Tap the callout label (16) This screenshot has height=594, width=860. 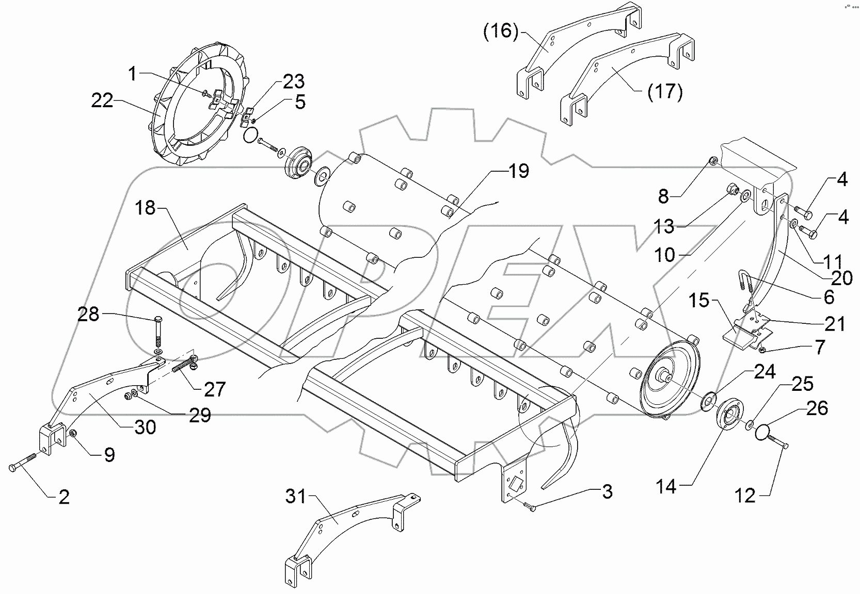(x=500, y=31)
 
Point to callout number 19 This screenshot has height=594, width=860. (x=518, y=171)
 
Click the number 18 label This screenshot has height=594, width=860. (x=146, y=209)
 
